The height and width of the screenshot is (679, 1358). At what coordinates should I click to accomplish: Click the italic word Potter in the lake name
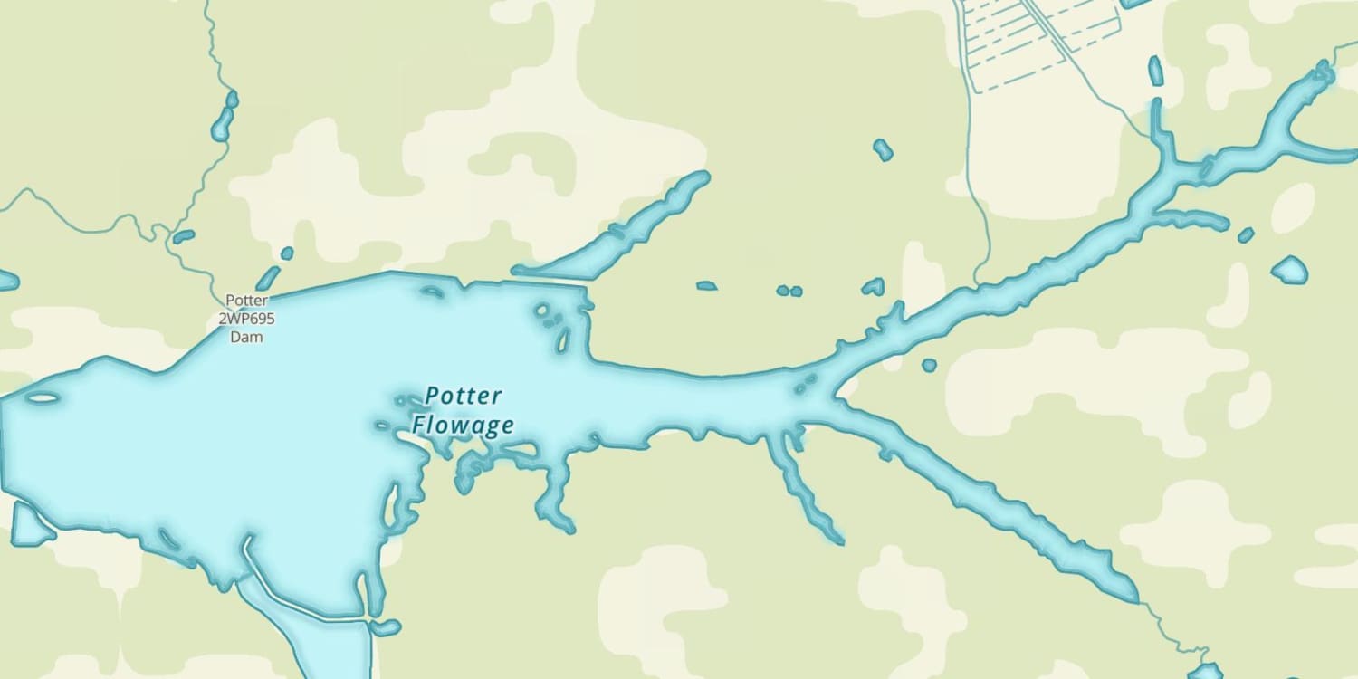464,396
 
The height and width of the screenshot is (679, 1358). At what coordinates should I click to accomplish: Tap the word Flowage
463,425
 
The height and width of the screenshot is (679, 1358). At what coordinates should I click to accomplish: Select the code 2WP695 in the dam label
246,319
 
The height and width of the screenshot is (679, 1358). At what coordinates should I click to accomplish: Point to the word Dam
246,337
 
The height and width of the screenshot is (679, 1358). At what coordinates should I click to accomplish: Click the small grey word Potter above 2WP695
246,301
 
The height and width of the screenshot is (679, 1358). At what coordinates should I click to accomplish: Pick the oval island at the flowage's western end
42,397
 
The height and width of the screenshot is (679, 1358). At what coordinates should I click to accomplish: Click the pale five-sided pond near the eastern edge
1290,269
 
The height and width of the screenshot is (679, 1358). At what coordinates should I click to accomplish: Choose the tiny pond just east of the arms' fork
929,366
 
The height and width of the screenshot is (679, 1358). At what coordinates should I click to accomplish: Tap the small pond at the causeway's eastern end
386,627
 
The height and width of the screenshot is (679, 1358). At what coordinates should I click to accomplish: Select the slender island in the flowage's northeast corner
562,339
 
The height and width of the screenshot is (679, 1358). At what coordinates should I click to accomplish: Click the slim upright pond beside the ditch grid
1155,71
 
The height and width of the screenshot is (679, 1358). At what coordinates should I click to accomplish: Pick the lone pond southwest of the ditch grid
883,149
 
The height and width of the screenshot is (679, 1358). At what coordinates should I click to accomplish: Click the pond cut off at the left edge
7,281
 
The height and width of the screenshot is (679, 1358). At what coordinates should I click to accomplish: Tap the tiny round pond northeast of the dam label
287,253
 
